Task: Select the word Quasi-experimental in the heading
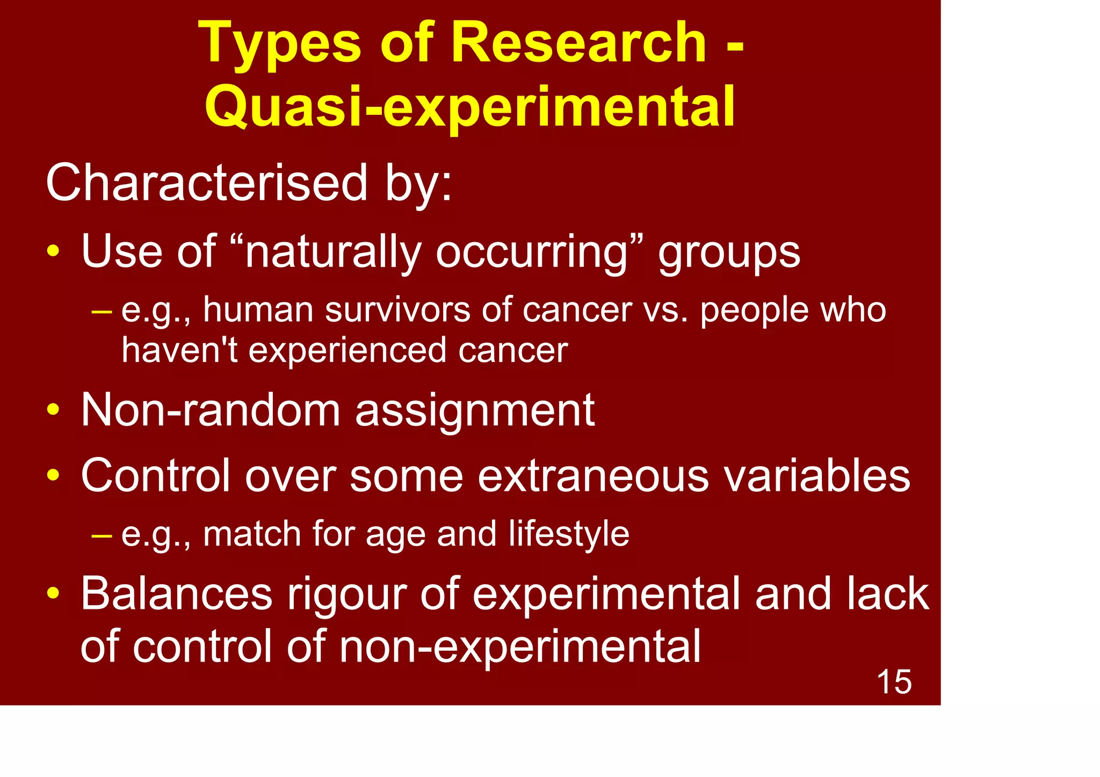coord(470,107)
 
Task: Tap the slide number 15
coord(894,682)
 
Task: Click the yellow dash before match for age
coord(102,535)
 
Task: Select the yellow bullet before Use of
coord(53,251)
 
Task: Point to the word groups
coord(729,252)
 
